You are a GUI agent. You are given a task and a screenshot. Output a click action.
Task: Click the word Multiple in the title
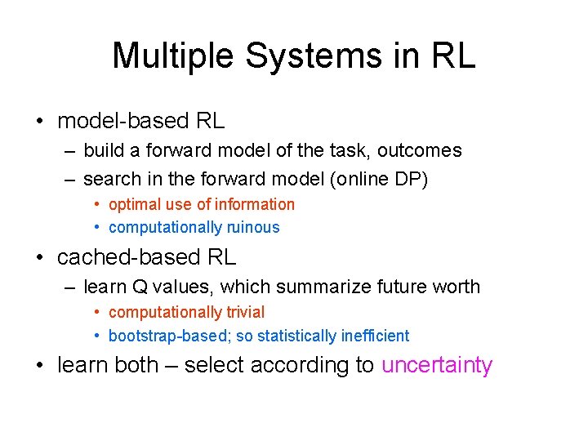[x=173, y=56]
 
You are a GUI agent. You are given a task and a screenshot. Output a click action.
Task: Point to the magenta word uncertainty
[x=437, y=365]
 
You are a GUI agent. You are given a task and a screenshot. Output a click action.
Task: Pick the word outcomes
[x=420, y=150]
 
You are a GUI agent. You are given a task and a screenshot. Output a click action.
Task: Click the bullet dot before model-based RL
[x=39, y=122]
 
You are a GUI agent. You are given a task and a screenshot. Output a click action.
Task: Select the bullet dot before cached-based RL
[x=39, y=258]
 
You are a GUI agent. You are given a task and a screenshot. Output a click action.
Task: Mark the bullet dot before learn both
[x=39, y=366]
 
